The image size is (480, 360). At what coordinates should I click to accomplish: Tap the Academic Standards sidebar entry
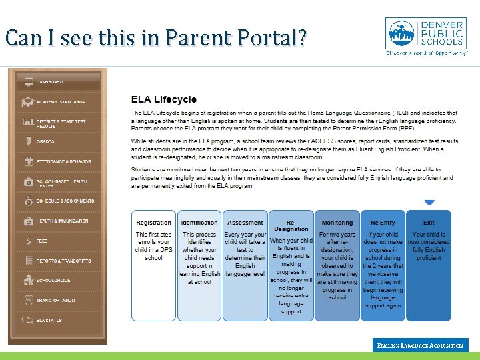pyautogui.click(x=60, y=102)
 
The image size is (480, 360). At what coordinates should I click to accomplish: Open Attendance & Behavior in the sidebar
pyautogui.click(x=63, y=161)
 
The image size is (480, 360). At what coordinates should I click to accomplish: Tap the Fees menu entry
pyautogui.click(x=41, y=240)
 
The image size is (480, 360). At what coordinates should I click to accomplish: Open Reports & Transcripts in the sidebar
pyautogui.click(x=63, y=261)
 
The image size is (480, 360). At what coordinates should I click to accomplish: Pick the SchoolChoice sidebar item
pyautogui.click(x=53, y=280)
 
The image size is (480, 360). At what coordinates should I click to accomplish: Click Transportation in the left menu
pyautogui.click(x=55, y=300)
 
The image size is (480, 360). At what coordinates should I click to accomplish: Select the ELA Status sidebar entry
pyautogui.click(x=49, y=320)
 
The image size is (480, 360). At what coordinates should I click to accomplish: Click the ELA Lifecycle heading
pyautogui.click(x=163, y=99)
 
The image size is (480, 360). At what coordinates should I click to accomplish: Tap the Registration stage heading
pyautogui.click(x=153, y=223)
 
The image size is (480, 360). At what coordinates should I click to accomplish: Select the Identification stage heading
pyautogui.click(x=199, y=223)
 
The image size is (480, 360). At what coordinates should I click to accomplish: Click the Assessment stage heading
pyautogui.click(x=245, y=223)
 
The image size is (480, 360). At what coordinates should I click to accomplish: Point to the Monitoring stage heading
pyautogui.click(x=337, y=223)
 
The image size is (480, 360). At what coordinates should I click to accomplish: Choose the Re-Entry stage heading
pyautogui.click(x=383, y=223)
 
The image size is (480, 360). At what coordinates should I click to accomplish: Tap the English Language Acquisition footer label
pyautogui.click(x=420, y=345)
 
